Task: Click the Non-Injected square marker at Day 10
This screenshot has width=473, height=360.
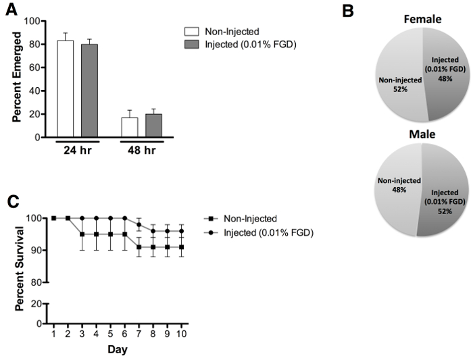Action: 181,247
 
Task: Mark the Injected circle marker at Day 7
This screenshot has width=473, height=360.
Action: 139,224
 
